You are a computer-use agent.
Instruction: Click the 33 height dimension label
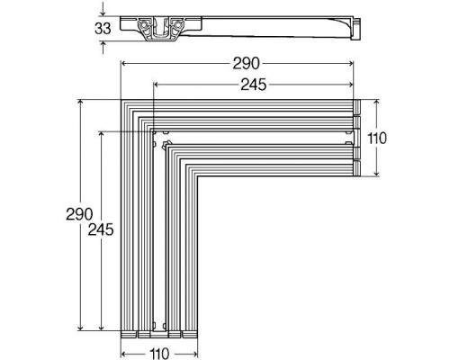click(105, 28)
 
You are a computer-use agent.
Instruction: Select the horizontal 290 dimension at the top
click(246, 64)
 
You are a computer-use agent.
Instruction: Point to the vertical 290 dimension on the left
click(80, 216)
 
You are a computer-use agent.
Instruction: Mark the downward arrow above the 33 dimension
click(105, 12)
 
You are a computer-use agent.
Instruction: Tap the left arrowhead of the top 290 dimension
click(123, 64)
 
